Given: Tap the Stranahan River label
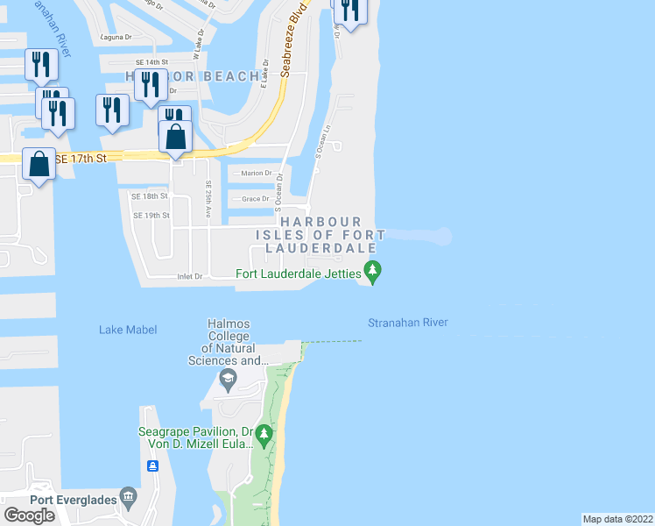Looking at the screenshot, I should pos(408,323).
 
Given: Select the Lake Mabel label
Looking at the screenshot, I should pos(128,330).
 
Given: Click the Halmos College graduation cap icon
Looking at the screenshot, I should pos(228,379).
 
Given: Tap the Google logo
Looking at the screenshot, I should pos(30,515).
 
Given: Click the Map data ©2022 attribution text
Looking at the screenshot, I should pos(618,519).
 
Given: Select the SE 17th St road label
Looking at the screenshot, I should pos(80,159).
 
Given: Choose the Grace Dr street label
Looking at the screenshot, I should pos(255,199).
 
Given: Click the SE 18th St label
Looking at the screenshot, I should pos(150,196).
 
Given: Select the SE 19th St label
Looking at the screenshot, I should pos(150,216).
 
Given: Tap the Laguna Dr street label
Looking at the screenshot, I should pos(116,38).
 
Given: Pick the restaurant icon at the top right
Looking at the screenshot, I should pos(349,11).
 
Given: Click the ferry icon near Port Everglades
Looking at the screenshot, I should pos(152,466).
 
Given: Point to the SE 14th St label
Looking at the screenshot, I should pos(151,63).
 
